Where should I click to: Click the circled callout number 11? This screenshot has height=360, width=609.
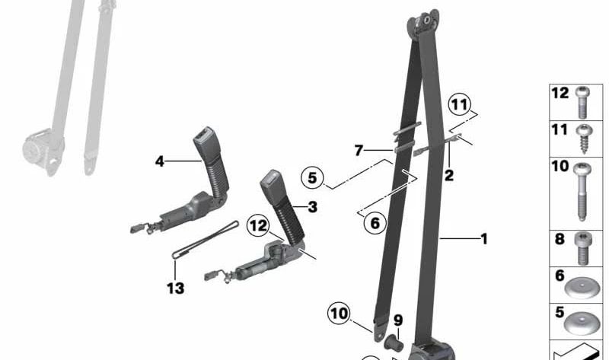(460, 105)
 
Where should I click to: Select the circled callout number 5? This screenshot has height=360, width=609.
(312, 178)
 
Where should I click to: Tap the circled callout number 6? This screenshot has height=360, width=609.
(375, 223)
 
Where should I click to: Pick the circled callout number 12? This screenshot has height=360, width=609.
(259, 225)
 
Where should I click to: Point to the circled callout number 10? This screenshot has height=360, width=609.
(339, 314)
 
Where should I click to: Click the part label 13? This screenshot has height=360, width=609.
(176, 288)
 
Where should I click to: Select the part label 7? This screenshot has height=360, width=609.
(359, 150)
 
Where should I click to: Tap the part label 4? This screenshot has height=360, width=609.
(160, 161)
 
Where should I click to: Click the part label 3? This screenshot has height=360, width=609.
(313, 207)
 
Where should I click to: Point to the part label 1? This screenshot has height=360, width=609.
(484, 239)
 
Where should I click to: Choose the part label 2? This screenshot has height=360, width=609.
(448, 176)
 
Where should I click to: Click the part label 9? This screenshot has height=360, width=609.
(398, 320)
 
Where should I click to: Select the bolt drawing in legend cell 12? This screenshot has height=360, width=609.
(582, 102)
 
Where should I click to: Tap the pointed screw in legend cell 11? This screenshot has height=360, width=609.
(583, 139)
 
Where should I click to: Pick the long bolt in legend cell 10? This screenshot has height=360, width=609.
(582, 192)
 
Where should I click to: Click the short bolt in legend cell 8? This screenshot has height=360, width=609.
(582, 249)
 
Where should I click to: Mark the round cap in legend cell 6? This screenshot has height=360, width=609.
(582, 288)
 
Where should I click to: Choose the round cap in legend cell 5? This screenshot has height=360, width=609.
(582, 323)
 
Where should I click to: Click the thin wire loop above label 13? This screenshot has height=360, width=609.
(205, 240)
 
